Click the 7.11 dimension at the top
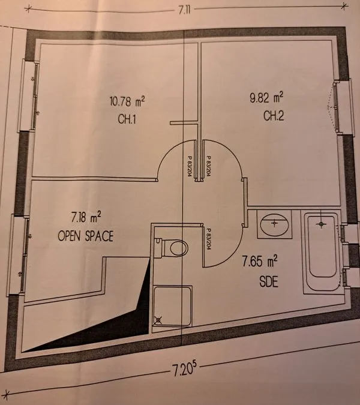184,10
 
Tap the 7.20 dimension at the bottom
184,370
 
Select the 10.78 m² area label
127,101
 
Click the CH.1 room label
127,119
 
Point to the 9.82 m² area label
266,98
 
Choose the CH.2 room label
274,116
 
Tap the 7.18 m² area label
86,217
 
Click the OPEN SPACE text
85,236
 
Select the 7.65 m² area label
260,261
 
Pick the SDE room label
269,281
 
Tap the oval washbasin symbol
275,224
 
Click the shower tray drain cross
158,320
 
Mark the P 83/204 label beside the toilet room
208,239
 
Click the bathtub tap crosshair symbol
321,224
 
